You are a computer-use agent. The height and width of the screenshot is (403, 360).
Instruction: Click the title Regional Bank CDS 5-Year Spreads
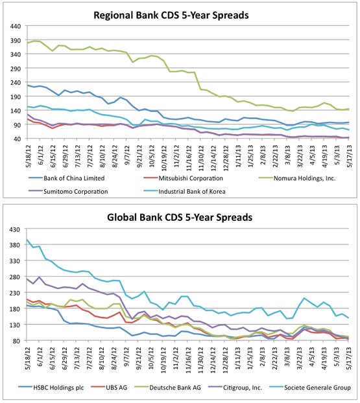coord(171,15)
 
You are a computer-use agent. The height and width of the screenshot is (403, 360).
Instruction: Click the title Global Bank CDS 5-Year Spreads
coord(180,218)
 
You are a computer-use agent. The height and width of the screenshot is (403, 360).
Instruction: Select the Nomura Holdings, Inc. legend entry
coord(297,178)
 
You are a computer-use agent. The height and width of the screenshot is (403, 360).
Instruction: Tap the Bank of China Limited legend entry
coord(66,178)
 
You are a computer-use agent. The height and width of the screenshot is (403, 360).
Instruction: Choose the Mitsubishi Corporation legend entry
coord(183,178)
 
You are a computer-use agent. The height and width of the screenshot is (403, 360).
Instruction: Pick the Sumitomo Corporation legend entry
coord(68,192)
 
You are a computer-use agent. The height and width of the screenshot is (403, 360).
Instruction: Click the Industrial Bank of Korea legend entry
coord(184,192)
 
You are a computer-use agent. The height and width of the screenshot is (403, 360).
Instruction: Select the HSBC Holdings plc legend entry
coord(51,387)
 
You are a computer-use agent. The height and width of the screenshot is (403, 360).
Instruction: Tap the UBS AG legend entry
coord(109,387)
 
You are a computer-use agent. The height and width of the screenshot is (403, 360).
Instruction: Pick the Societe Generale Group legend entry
coord(310,387)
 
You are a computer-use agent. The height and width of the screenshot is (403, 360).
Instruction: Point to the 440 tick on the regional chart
coord(16,26)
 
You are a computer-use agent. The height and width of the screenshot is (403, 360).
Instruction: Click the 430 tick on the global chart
coord(15,229)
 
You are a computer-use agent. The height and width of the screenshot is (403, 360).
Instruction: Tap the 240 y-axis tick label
coord(16,82)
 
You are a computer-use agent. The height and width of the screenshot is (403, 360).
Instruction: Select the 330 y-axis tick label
coord(15,261)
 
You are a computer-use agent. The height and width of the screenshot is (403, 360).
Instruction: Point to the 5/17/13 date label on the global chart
coord(349,359)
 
